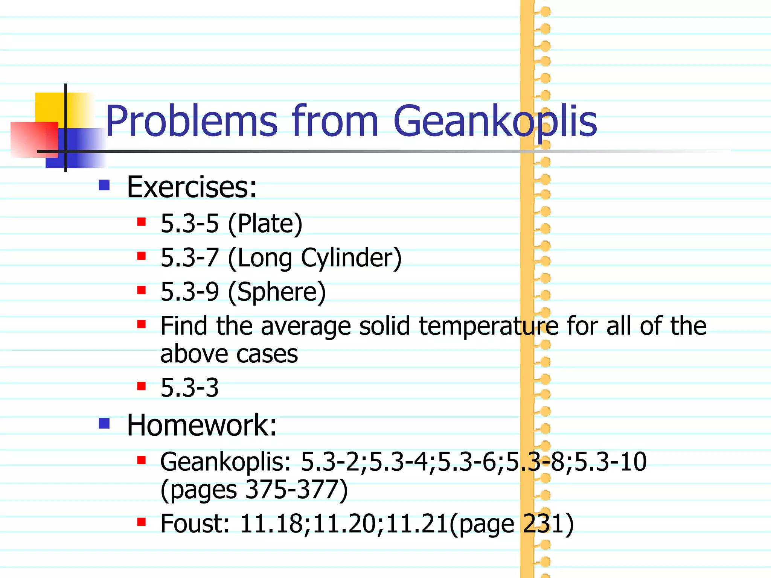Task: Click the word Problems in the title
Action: pos(191,122)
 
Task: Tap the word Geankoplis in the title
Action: pos(495,122)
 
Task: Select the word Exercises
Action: pos(191,187)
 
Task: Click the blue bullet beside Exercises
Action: pos(104,185)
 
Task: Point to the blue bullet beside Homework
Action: pos(104,424)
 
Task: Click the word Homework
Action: pos(201,425)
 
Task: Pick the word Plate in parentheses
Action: pos(265,224)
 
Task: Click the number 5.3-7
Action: pos(189,258)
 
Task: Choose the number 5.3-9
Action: pos(189,292)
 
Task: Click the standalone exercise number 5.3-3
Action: pos(189,388)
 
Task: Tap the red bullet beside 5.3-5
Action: pos(142,222)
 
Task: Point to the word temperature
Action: pos(489,326)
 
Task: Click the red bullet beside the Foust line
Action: pos(142,522)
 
